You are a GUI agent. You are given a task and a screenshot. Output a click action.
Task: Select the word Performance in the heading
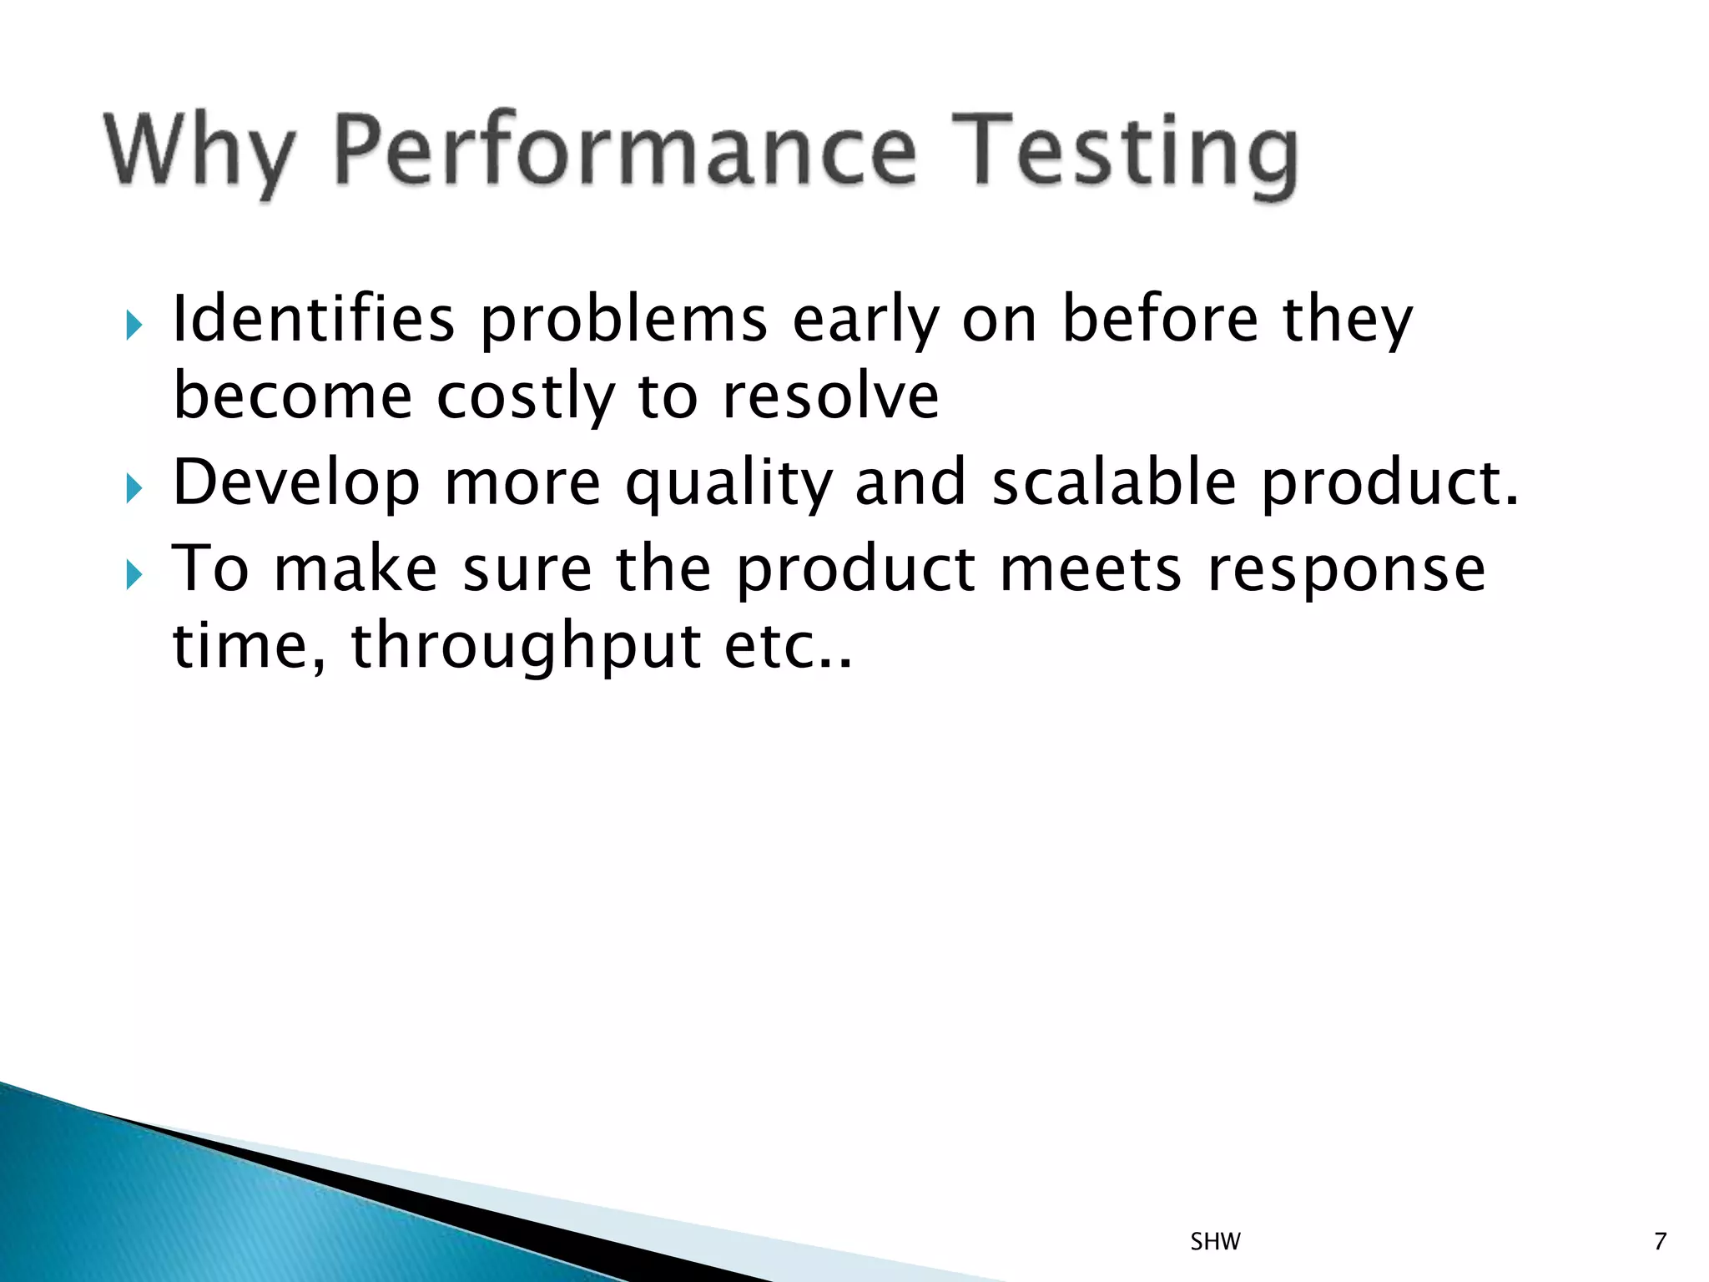(626, 151)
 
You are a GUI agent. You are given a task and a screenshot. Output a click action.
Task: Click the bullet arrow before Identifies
(134, 325)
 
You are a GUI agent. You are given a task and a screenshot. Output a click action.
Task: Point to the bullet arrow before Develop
(134, 488)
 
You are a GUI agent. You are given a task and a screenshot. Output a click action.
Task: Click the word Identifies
(314, 319)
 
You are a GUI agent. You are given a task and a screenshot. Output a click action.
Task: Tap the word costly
(526, 397)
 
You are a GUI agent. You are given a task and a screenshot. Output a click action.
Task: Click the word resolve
(830, 396)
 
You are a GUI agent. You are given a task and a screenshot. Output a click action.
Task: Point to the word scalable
(1114, 482)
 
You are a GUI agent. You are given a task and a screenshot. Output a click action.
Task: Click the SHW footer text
(1215, 1242)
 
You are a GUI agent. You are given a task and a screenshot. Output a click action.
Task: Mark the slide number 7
(1660, 1242)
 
